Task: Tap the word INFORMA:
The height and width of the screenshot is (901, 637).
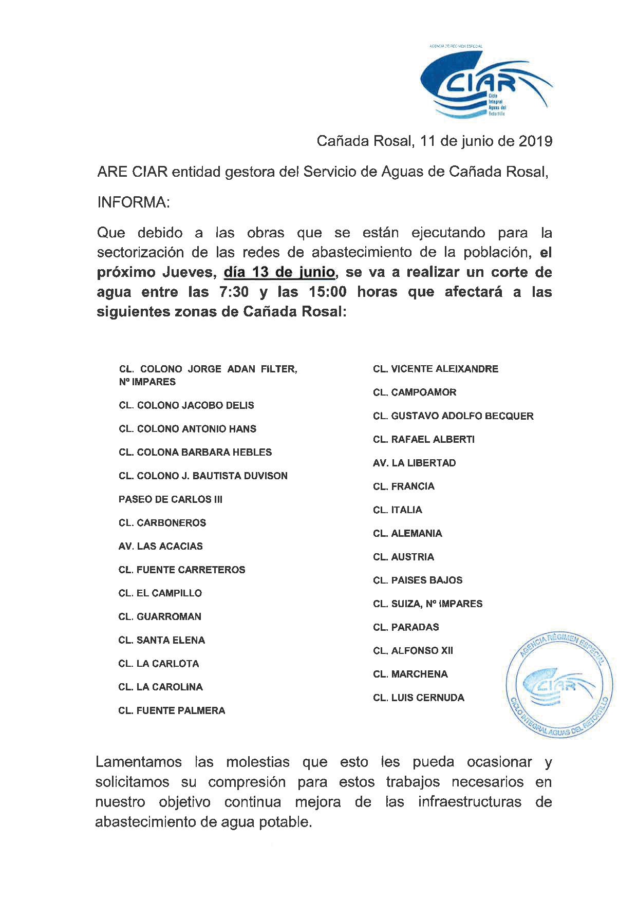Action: point(133,202)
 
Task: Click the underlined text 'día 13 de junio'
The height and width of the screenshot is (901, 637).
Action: point(279,272)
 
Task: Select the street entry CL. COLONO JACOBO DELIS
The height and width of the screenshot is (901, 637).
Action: point(186,405)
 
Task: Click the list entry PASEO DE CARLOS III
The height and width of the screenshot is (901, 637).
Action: point(170,499)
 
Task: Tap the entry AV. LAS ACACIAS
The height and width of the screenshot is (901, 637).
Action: point(160,546)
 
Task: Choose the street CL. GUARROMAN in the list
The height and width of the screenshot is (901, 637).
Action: point(160,616)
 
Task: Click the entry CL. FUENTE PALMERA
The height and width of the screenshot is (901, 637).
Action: point(172,710)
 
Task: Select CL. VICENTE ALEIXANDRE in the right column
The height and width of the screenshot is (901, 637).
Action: point(436,369)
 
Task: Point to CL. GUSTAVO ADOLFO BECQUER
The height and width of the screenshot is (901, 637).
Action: point(453,416)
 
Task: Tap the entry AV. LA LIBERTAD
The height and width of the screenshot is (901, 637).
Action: point(414,463)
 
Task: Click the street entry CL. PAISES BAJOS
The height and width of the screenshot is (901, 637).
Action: point(418,580)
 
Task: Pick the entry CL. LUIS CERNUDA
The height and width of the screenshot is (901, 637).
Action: point(419,698)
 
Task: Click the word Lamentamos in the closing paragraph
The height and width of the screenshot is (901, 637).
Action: point(139,762)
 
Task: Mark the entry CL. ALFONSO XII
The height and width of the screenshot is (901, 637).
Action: point(413,651)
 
